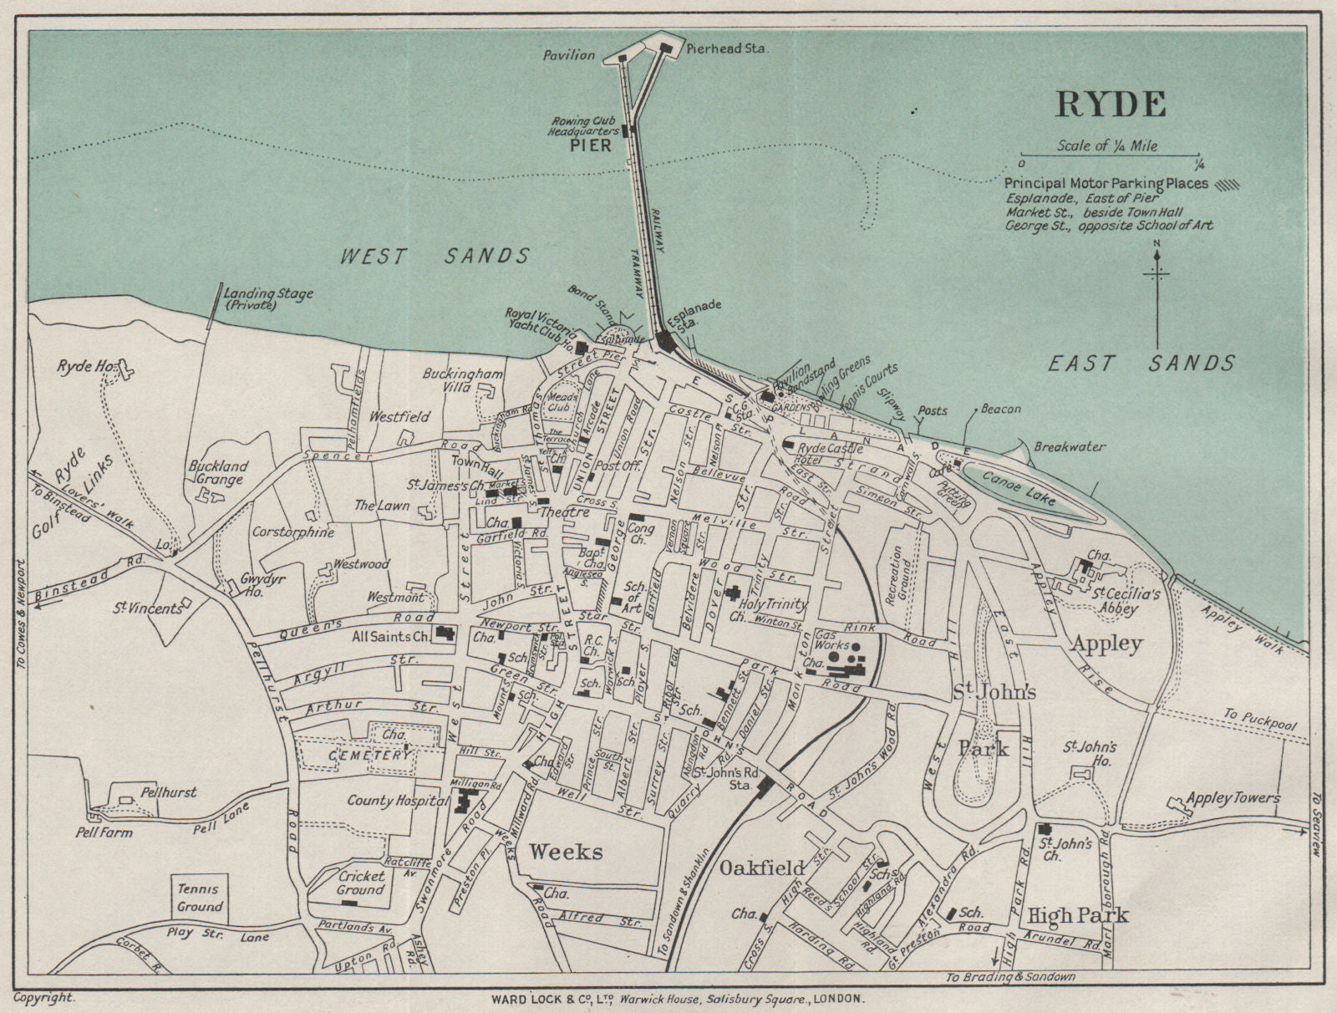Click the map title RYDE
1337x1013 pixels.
pyautogui.click(x=1111, y=104)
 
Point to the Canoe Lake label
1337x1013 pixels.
pyautogui.click(x=1019, y=487)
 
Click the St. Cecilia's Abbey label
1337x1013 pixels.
pyautogui.click(x=1126, y=601)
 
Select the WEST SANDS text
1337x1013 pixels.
pyautogui.click(x=435, y=257)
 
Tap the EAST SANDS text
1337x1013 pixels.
pyautogui.click(x=1141, y=363)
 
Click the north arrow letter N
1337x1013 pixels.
pyautogui.click(x=1157, y=243)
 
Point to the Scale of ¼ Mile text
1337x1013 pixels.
pyautogui.click(x=1107, y=145)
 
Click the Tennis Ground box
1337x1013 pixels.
pyautogui.click(x=200, y=898)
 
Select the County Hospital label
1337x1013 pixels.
pyautogui.click(x=398, y=801)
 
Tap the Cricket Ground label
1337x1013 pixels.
pyautogui.click(x=361, y=883)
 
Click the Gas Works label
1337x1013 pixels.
pyautogui.click(x=832, y=639)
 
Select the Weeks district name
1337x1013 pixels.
pyautogui.click(x=565, y=852)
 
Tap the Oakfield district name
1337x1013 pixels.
pyautogui.click(x=762, y=868)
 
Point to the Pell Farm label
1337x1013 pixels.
pyautogui.click(x=104, y=832)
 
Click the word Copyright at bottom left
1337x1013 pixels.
pyautogui.click(x=43, y=997)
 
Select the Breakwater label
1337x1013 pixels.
pyautogui.click(x=1070, y=447)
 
